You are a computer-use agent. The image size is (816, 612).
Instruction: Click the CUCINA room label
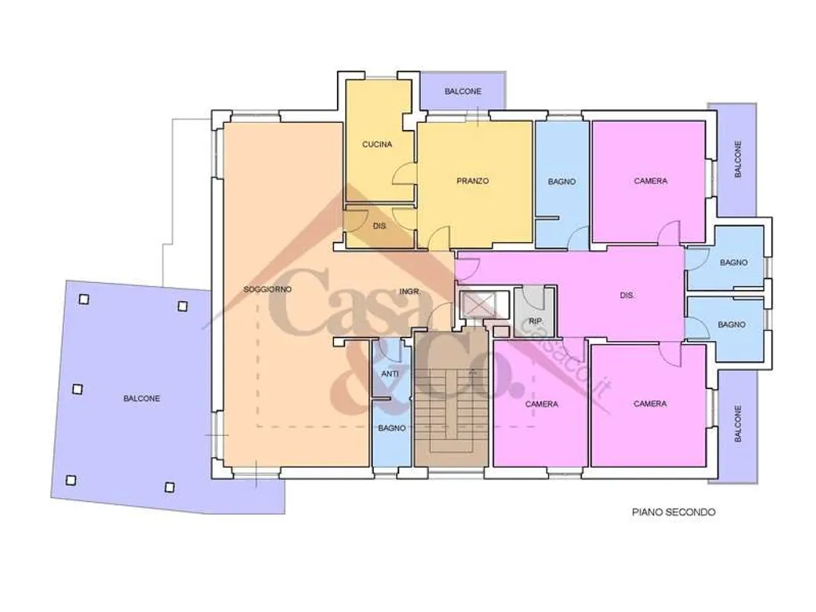point(377,144)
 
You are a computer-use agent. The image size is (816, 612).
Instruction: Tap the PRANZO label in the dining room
point(473,181)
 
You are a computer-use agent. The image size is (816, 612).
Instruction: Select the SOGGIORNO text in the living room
point(268,289)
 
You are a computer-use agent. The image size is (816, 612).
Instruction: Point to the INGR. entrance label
point(409,292)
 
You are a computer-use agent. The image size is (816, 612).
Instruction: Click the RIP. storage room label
point(535,322)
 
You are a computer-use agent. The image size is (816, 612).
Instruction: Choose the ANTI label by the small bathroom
point(390,374)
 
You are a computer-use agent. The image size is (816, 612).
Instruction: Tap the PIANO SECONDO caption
point(673,512)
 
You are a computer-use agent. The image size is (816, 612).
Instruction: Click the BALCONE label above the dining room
point(463,92)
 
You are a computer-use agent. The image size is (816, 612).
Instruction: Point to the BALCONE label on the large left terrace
point(142,398)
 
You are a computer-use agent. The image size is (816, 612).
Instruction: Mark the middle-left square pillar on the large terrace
point(77,389)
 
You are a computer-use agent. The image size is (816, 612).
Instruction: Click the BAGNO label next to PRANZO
point(562,182)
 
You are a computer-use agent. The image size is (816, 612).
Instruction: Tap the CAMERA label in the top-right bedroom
point(650,181)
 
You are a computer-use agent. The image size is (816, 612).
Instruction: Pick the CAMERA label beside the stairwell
point(541,404)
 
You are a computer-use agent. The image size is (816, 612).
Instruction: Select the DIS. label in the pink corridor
point(627,296)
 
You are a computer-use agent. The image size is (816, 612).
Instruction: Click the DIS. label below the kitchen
point(379,226)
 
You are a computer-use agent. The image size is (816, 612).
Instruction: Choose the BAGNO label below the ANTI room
point(392,428)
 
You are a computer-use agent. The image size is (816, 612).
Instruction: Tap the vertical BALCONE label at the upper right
point(738,159)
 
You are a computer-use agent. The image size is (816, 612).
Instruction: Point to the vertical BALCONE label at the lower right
point(738,424)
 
